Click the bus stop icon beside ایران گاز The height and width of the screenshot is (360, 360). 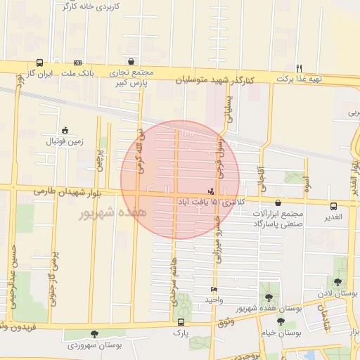pos(39,62)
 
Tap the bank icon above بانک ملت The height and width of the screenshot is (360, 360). pos(77,62)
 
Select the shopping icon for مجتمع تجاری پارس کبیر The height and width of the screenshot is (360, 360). pos(131,61)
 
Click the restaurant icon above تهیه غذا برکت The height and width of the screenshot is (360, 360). pos(299,67)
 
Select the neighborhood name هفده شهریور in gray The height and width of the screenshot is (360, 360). pos(112,211)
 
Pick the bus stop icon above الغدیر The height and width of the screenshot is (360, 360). pos(333,205)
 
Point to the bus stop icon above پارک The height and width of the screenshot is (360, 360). pos(181,323)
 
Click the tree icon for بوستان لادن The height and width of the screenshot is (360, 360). pos(337,282)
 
